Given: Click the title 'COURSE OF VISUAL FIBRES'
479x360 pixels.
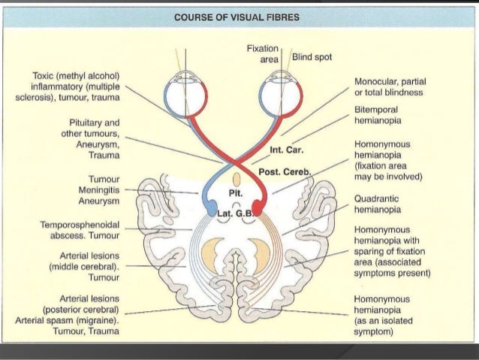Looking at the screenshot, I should [x=239, y=18].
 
